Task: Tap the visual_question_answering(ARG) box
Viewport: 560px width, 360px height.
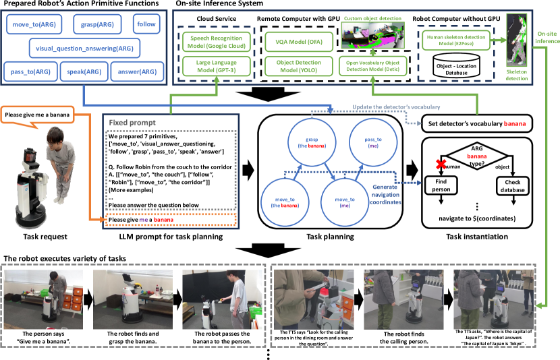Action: [84, 48]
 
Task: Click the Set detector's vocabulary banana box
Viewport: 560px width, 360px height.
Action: [476, 123]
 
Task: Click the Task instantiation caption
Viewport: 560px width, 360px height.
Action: [476, 237]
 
